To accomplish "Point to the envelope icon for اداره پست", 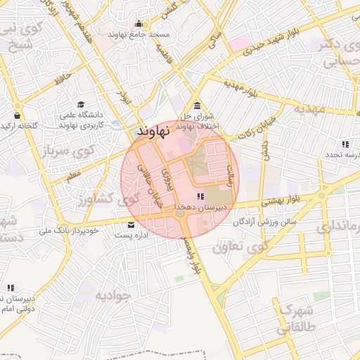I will (x=131, y=226).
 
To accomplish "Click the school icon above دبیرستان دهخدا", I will (x=200, y=197).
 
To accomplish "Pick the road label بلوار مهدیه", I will (x=243, y=89).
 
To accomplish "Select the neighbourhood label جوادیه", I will (x=113, y=294).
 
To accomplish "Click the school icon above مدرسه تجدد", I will (x=345, y=143).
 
